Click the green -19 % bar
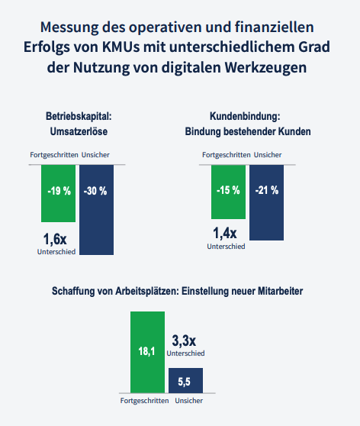coord(59,193)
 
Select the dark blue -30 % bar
coord(96,210)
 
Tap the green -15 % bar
coord(228,192)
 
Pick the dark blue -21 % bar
coord(267,202)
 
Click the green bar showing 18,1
coord(147,352)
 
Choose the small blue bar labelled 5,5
coord(185,380)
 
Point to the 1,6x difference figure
coord(55,240)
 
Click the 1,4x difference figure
coord(225,234)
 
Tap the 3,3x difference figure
coord(184,340)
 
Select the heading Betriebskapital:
coord(79,116)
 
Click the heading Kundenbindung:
coord(245,116)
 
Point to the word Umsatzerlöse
coord(79,131)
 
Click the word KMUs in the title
coord(121,47)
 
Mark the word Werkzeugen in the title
coord(265,67)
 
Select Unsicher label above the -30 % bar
coord(95,155)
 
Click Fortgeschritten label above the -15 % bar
coord(227,155)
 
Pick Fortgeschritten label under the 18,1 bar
coord(144,401)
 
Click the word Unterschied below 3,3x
coord(185,353)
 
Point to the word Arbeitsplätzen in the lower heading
coord(147,291)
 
